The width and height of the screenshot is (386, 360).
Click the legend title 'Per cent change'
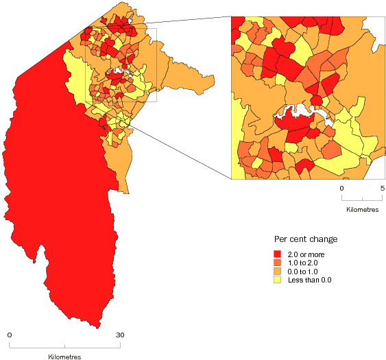click(305, 239)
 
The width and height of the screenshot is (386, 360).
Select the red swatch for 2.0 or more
click(278, 254)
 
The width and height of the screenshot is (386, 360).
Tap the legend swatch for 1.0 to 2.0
click(278, 263)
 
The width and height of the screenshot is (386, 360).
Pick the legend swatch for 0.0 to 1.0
click(278, 272)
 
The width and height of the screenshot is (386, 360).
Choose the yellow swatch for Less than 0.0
click(278, 280)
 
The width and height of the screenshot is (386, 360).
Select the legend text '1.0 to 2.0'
click(304, 263)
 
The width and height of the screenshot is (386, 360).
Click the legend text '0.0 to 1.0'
click(304, 272)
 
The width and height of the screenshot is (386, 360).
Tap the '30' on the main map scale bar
click(119, 335)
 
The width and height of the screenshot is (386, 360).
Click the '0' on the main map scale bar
click(10, 335)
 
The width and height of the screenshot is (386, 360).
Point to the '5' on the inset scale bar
click(382, 187)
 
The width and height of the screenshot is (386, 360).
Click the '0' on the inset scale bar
click(341, 187)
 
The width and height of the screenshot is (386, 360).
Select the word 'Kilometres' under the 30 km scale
click(65, 357)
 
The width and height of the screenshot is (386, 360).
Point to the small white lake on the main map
click(120, 72)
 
